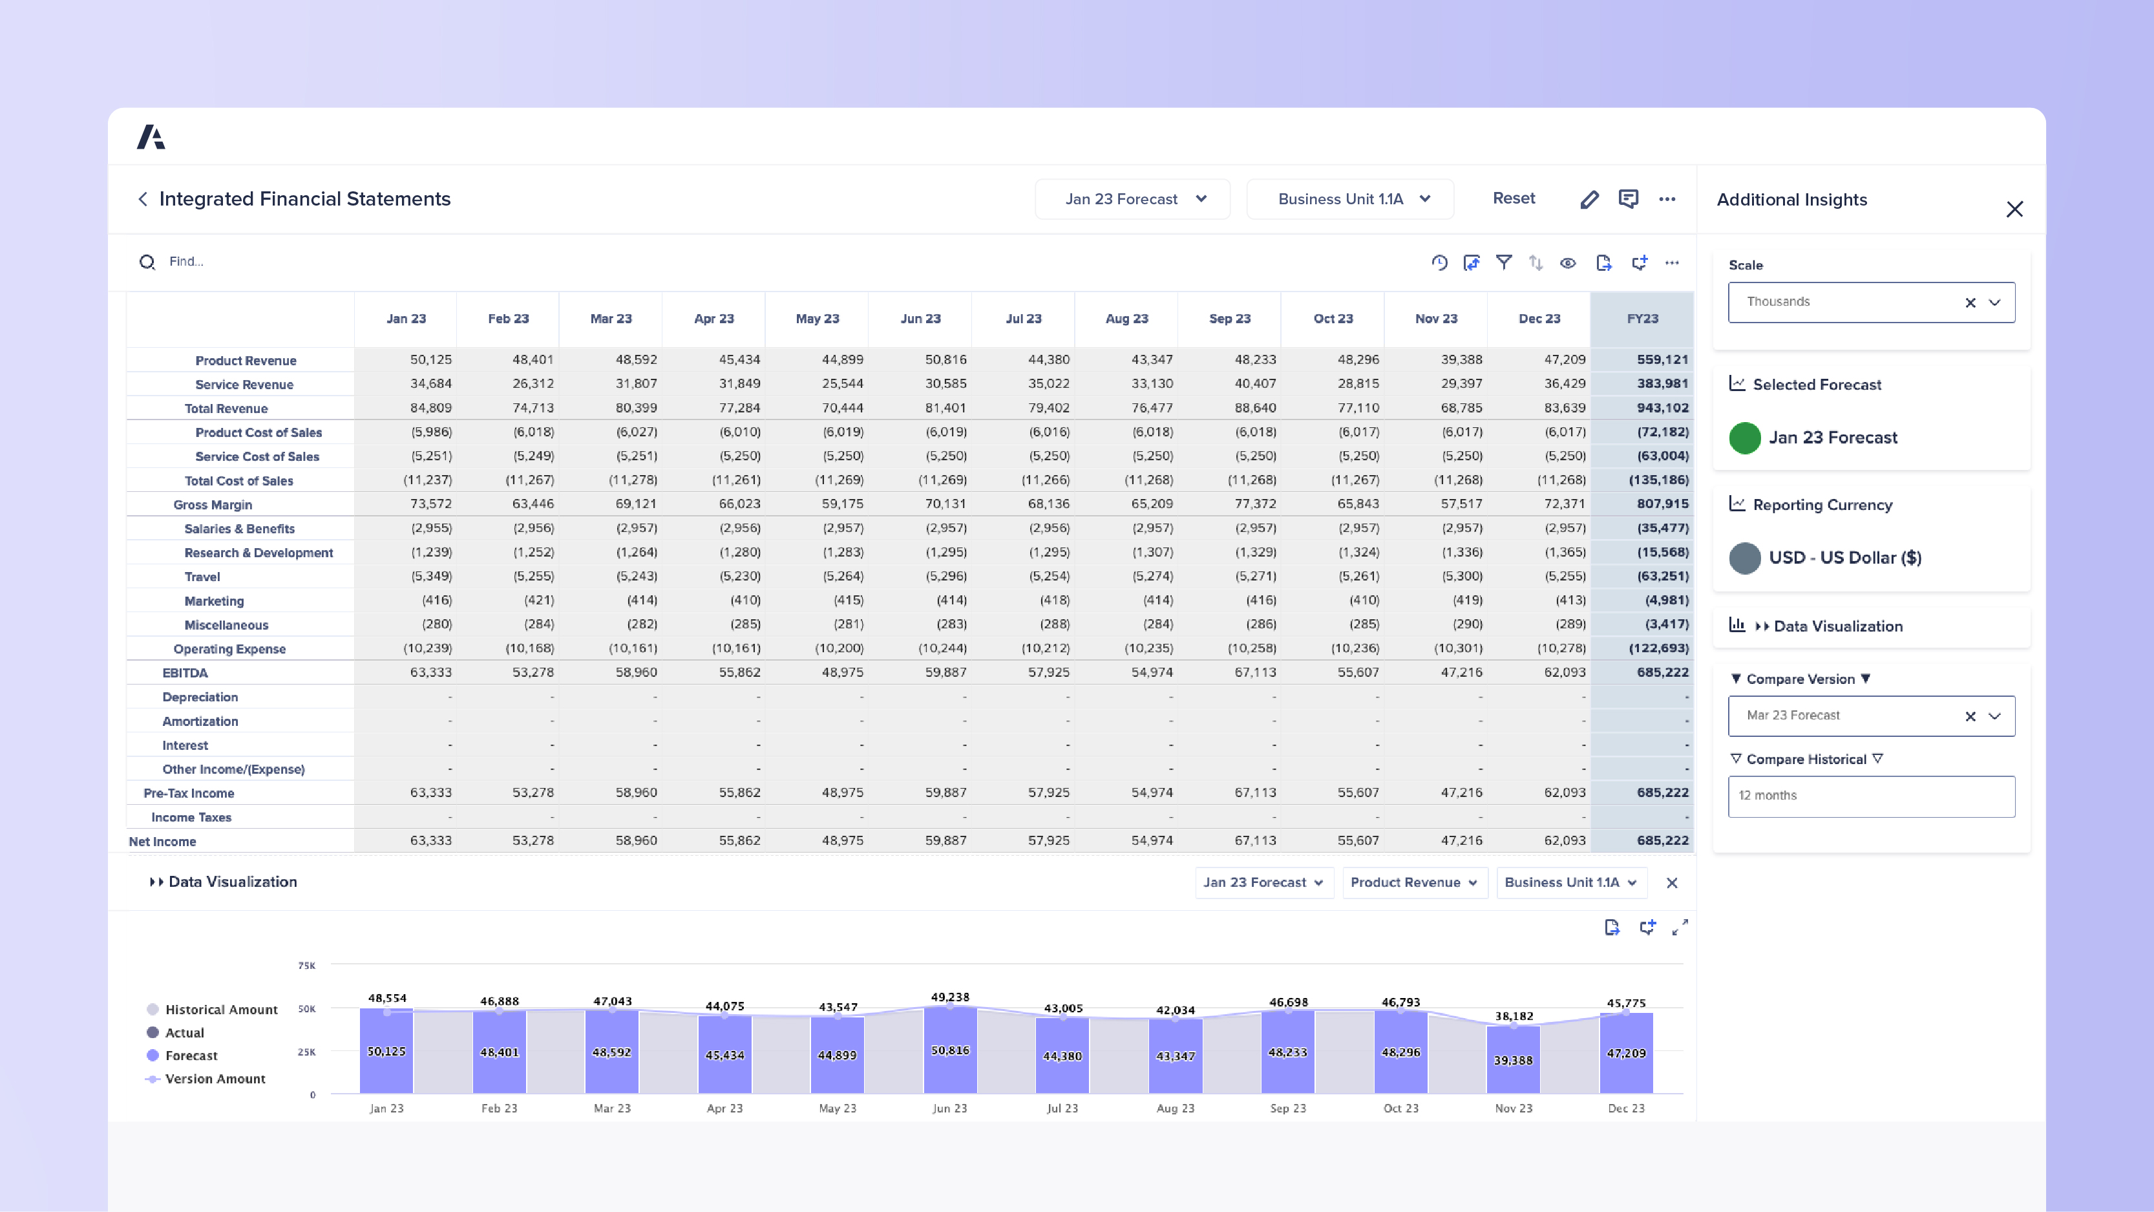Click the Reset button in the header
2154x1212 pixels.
(1514, 198)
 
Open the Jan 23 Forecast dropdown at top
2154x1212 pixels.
(1132, 199)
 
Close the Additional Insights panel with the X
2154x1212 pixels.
(2014, 209)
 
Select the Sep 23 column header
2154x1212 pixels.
(1229, 319)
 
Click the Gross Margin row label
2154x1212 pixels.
(213, 504)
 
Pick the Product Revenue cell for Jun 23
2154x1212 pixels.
(945, 359)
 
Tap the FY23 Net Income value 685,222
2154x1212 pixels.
(1662, 840)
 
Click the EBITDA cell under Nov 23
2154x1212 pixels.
(1461, 672)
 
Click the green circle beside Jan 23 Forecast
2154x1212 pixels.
(1744, 438)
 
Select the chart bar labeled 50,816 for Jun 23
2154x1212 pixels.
(950, 1050)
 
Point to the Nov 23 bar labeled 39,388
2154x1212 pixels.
(1513, 1059)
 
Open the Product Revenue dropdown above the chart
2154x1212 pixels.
(1413, 882)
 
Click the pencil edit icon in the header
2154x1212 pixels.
(1589, 199)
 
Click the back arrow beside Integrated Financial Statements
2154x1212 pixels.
(143, 199)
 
